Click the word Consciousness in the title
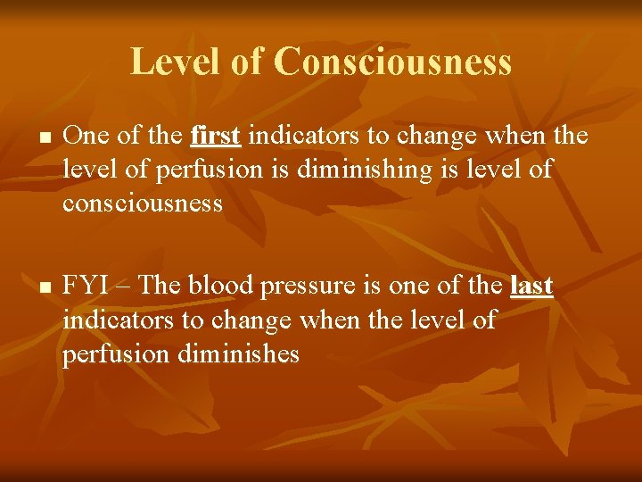click(392, 62)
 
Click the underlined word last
click(531, 287)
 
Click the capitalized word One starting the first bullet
click(84, 137)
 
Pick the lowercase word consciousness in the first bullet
click(143, 204)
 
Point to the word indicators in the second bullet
click(115, 320)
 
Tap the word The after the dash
click(160, 287)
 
